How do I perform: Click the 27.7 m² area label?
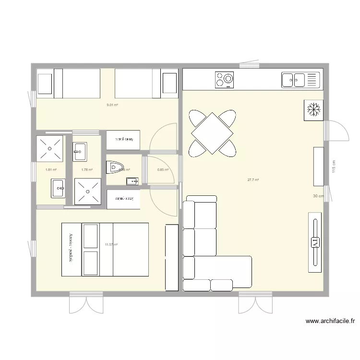pos(253,180)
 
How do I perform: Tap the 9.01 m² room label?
pos(112,105)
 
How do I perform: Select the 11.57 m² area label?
pos(111,245)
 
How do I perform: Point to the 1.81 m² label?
pos(51,169)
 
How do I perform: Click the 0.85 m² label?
pos(163,169)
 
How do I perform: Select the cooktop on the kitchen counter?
pos(224,80)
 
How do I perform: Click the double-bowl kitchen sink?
pos(294,80)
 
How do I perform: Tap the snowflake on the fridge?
pos(313,109)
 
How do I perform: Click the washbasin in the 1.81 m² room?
pos(58,188)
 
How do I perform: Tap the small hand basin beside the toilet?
pos(132,181)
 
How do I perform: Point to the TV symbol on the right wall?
pos(315,242)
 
